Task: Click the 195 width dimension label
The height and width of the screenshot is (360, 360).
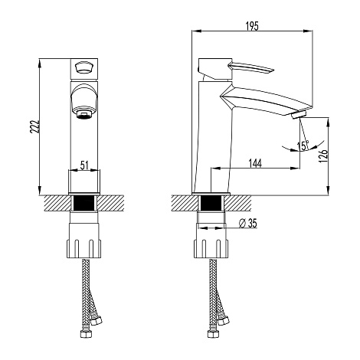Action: click(252, 26)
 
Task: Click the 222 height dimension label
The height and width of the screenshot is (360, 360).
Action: click(34, 126)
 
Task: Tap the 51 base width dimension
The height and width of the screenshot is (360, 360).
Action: click(84, 165)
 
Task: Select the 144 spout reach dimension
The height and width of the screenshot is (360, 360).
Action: click(255, 163)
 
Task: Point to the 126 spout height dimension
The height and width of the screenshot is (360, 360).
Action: click(323, 155)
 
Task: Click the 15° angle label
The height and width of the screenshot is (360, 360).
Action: click(303, 146)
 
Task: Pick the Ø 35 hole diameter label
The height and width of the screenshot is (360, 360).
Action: click(248, 223)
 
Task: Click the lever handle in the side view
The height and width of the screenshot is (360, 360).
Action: click(251, 67)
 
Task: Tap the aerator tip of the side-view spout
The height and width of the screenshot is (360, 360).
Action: click(299, 115)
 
